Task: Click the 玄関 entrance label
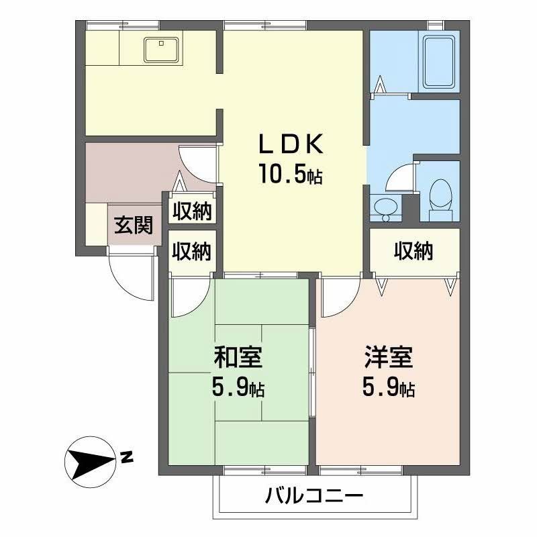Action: (132, 225)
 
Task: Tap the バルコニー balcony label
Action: (314, 497)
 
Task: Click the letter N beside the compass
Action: (127, 459)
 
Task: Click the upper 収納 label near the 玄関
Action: (192, 211)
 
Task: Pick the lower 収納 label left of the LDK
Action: (192, 252)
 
